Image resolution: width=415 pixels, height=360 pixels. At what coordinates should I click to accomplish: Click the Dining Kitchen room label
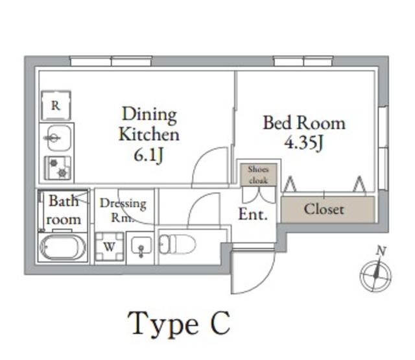tap(148, 125)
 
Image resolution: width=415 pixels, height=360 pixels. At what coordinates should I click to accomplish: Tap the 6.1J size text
tap(148, 156)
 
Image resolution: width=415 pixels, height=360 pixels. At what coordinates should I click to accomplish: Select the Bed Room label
tap(303, 123)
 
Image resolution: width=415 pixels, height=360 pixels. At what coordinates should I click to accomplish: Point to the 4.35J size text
tap(303, 143)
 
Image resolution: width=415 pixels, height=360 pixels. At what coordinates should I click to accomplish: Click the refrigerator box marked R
tap(56, 106)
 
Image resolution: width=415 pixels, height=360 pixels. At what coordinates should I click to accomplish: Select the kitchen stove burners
tap(58, 168)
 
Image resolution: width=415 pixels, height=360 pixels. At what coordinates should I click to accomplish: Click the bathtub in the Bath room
tap(62, 247)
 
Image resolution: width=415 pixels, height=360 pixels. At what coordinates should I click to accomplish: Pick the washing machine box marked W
tap(109, 246)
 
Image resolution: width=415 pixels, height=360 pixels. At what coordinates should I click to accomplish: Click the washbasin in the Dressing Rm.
tap(141, 246)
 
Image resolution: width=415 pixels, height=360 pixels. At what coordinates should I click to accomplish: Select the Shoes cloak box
tap(258, 174)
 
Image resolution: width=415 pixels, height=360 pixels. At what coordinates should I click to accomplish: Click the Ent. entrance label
tap(252, 215)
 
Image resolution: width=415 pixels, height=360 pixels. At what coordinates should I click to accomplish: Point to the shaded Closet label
tap(324, 210)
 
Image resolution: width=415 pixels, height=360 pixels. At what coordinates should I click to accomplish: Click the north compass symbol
tap(375, 274)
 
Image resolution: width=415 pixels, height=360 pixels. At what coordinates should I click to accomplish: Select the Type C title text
tap(180, 323)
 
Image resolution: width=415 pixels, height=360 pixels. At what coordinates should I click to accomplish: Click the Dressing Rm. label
tap(123, 210)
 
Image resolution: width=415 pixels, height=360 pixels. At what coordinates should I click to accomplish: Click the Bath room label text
tap(64, 210)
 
